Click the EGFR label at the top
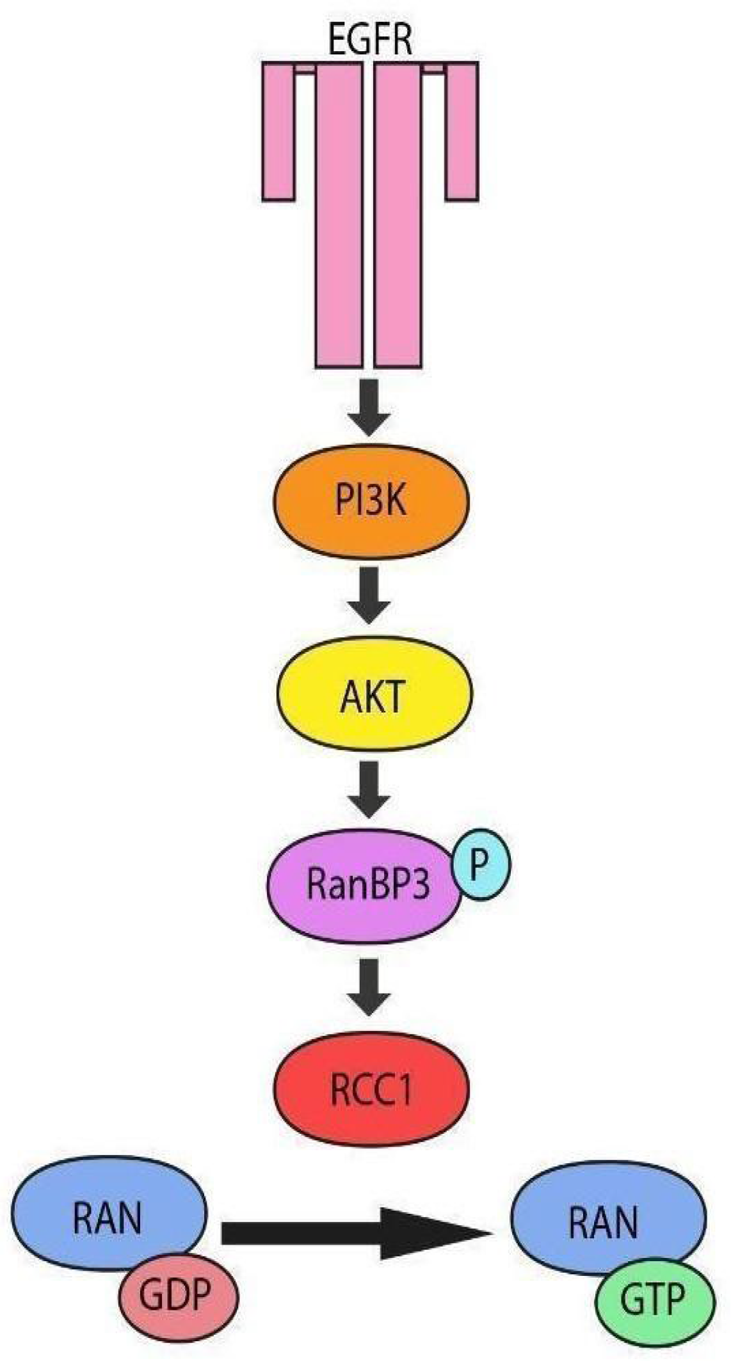(x=369, y=40)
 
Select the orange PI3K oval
(x=372, y=500)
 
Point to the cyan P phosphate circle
(x=481, y=864)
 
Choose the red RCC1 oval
(x=372, y=1088)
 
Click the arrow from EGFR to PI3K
(x=369, y=407)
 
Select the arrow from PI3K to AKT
(x=369, y=595)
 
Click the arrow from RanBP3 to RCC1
(x=369, y=986)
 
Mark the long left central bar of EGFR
(x=339, y=218)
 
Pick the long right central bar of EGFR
(x=398, y=218)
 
